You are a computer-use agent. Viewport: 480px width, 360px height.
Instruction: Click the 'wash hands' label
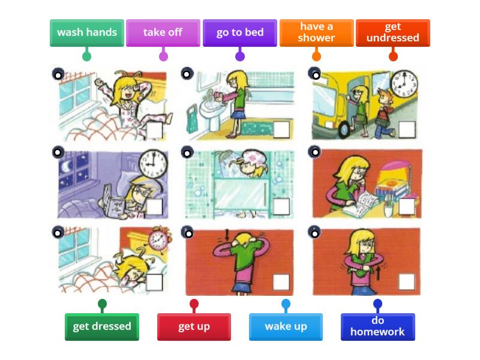[87, 32]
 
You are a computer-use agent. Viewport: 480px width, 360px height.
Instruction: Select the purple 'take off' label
[163, 32]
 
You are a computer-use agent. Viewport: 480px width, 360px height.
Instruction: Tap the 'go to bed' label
[239, 32]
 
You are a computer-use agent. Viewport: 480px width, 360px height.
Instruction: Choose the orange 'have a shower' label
[316, 32]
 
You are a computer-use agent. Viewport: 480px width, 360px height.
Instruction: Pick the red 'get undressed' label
[393, 32]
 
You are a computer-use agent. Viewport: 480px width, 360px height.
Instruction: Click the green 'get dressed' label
[102, 326]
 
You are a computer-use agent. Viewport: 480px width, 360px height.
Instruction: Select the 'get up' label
[194, 326]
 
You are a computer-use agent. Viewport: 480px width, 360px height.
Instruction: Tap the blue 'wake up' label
[286, 326]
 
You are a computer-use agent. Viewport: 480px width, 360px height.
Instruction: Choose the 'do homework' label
[377, 326]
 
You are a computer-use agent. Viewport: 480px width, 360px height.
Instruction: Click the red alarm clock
[157, 239]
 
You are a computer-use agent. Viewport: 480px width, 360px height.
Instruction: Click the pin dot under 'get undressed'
[393, 56]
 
